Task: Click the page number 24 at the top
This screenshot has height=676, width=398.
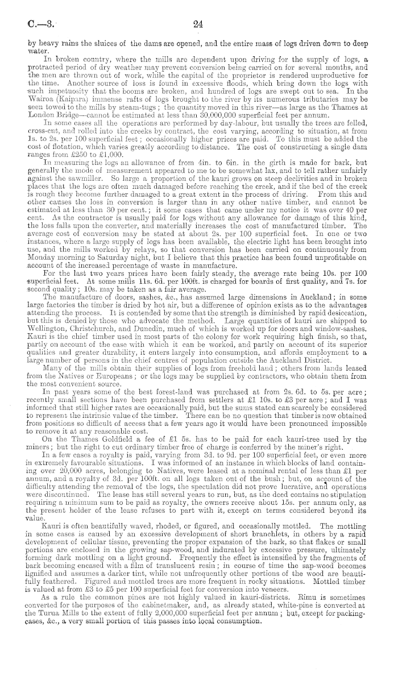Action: [198, 24]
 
